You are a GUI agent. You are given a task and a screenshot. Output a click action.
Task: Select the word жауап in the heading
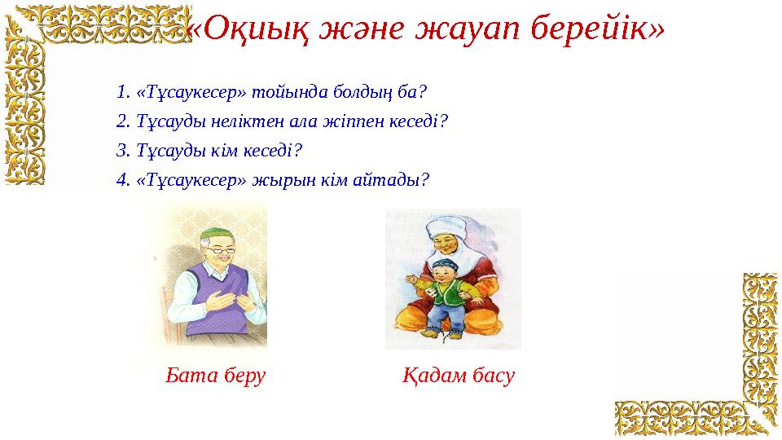tap(472, 29)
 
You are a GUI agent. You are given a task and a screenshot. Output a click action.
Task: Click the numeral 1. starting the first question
tap(124, 91)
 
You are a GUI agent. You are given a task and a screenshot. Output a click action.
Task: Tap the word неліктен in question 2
tap(231, 121)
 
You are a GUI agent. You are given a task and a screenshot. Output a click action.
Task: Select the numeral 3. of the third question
tap(124, 151)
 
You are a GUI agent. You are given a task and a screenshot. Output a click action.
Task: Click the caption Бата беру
tap(216, 376)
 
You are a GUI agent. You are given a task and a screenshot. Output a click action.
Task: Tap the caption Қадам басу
tap(459, 376)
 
